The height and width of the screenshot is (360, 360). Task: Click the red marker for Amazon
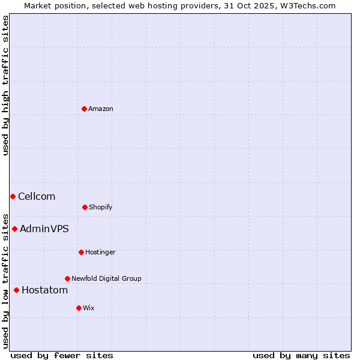point(84,109)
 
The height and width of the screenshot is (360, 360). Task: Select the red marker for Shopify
point(85,207)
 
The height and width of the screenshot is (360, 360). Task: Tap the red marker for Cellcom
point(13,196)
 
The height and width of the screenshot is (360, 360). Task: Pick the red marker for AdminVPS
point(14,229)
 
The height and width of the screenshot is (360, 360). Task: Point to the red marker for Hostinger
point(81,252)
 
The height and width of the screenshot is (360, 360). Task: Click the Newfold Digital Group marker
point(67,278)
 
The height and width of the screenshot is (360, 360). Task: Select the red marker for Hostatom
point(16,290)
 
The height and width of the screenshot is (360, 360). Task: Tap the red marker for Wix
point(79,308)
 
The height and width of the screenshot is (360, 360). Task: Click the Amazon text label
point(101,109)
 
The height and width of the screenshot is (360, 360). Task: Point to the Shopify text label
point(101,207)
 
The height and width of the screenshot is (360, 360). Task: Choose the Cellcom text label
point(37,196)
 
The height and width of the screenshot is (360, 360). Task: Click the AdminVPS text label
point(44,229)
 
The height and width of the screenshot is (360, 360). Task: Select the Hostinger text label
point(100,252)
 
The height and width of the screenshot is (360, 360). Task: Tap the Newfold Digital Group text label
point(106,278)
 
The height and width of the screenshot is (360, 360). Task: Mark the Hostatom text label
point(45,290)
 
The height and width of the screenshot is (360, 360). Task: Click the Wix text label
point(89,308)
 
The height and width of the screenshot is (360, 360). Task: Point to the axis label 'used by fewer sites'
point(62,355)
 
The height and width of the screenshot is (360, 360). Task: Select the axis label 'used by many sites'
point(301,355)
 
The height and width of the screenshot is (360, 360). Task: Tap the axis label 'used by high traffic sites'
point(5,86)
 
